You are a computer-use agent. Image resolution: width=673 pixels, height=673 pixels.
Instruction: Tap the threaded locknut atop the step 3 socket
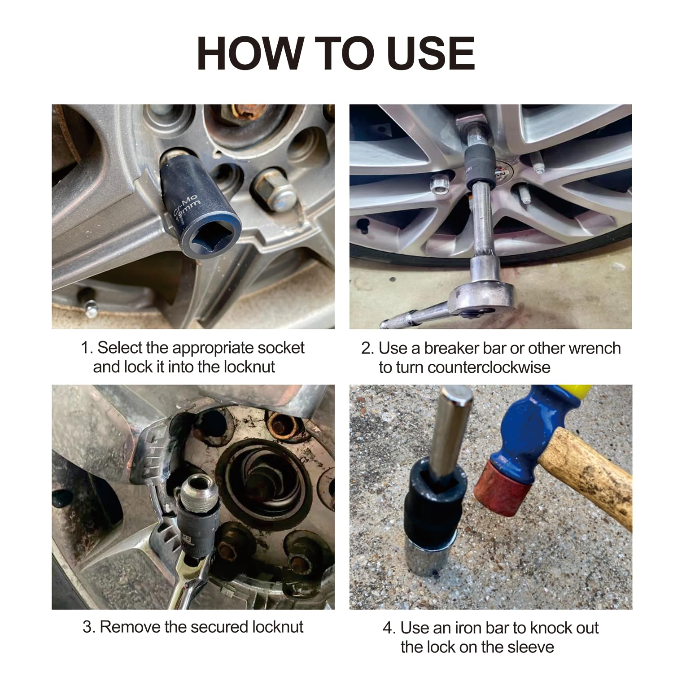[x=201, y=491]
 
